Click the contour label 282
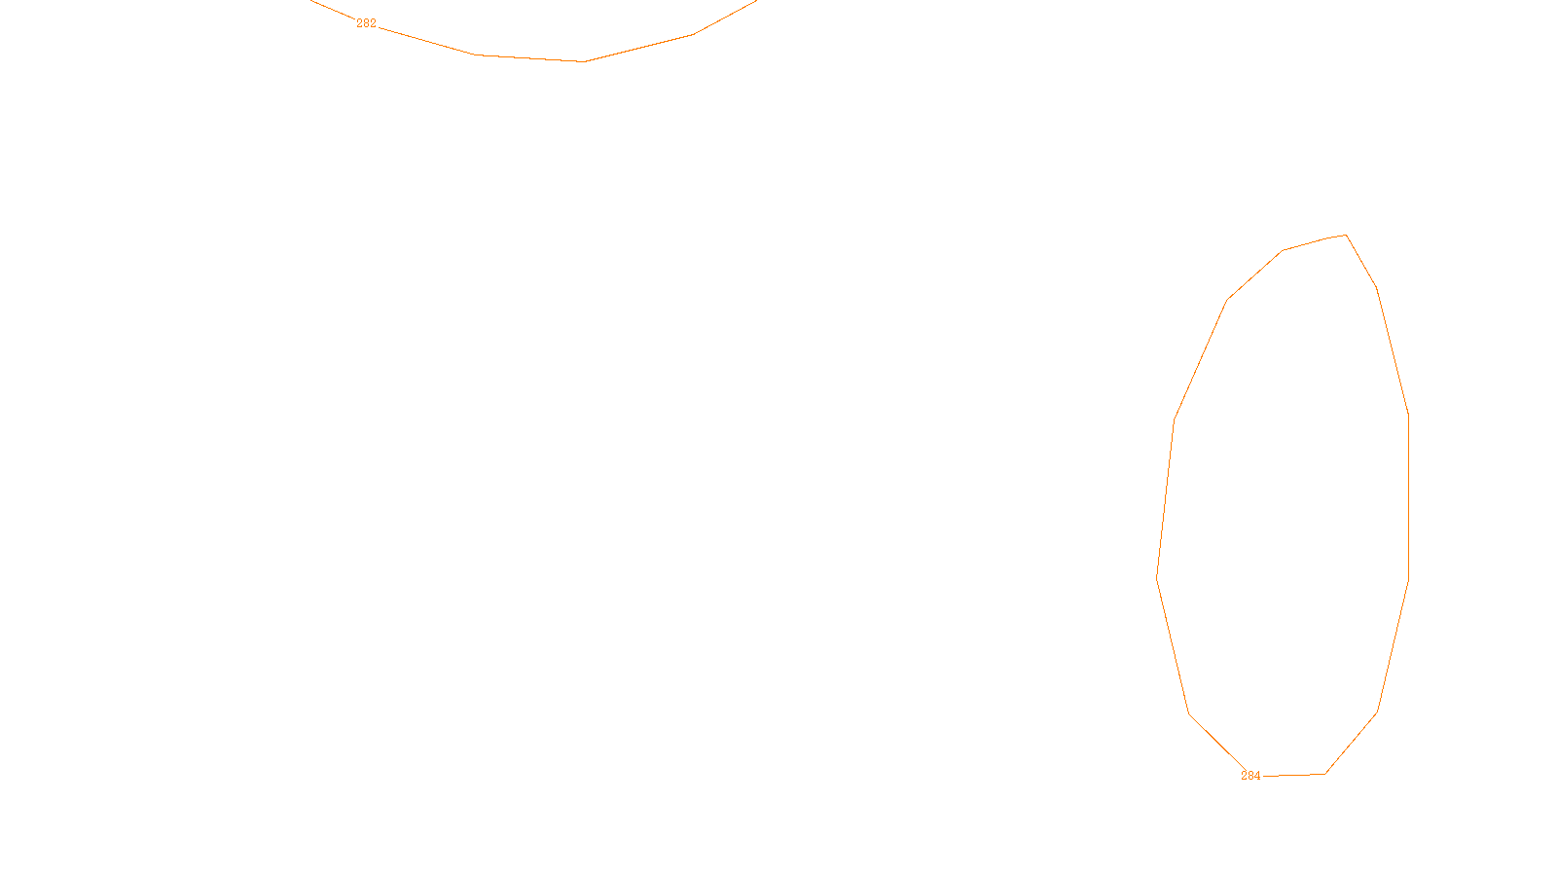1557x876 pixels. [366, 23]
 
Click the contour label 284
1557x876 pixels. [1250, 776]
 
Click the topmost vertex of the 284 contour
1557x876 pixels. [1346, 235]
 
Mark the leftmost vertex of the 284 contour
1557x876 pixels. [1156, 576]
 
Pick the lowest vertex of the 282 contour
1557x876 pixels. [585, 61]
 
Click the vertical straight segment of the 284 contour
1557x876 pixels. [1408, 496]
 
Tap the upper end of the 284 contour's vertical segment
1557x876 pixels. [1408, 415]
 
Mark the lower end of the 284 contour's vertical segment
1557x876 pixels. [1408, 581]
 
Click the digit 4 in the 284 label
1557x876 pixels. [1257, 776]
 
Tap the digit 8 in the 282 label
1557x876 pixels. [366, 23]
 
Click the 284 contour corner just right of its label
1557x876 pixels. [1325, 774]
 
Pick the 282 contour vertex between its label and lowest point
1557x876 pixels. [476, 55]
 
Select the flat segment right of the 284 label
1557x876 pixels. [1294, 775]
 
